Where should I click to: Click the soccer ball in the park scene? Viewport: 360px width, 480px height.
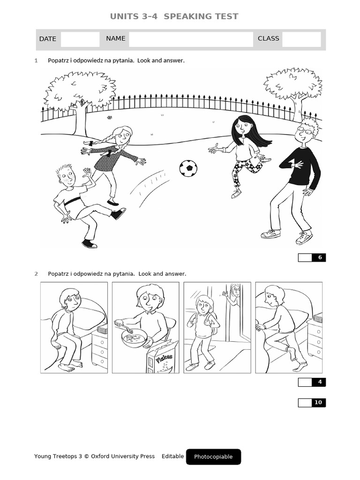point(188,168)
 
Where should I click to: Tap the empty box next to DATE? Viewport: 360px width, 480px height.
point(80,39)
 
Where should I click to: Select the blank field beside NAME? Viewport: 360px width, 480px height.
point(191,39)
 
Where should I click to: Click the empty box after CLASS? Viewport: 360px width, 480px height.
point(301,39)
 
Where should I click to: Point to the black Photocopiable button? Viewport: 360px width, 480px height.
point(213,457)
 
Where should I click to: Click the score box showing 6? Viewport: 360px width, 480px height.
point(312,257)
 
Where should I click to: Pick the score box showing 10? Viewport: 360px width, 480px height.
point(312,403)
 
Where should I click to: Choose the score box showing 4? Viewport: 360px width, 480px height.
point(312,382)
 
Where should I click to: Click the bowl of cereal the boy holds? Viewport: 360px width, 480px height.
point(135,338)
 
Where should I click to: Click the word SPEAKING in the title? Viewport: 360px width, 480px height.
point(187,16)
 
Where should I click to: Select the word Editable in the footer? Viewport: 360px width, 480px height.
point(172,457)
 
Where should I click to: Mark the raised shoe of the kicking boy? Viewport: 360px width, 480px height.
point(118,214)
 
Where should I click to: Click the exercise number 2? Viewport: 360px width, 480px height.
point(36,274)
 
